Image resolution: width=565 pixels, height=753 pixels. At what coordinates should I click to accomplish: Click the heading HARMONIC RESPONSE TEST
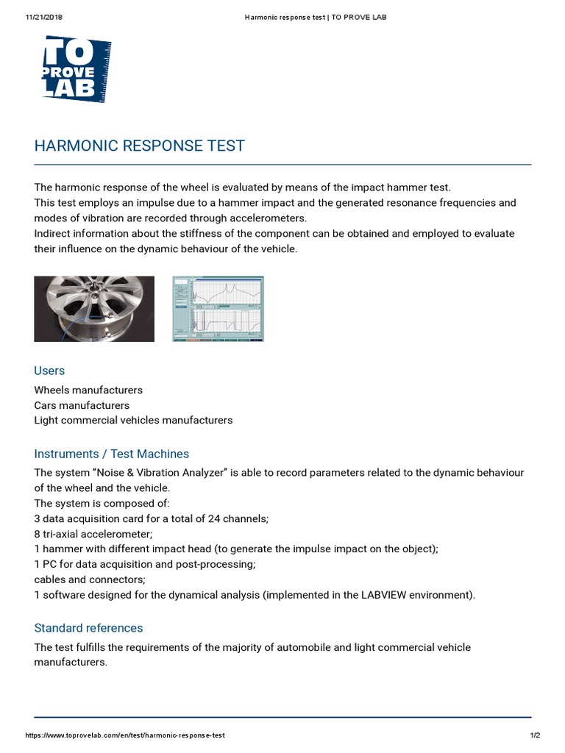(139, 146)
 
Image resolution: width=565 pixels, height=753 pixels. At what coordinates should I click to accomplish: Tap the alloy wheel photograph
(94, 309)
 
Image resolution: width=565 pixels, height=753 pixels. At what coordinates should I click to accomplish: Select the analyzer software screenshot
(218, 309)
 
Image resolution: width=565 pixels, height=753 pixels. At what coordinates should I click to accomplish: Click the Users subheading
(49, 371)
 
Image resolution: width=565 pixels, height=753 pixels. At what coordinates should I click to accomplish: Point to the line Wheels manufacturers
(88, 390)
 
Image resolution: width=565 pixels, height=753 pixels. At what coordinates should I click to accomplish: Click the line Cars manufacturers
(82, 405)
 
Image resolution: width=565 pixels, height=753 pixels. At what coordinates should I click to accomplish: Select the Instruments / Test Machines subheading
(111, 454)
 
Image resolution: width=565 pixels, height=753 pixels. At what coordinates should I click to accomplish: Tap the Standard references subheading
(88, 628)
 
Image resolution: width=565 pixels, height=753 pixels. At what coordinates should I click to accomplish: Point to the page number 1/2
(535, 735)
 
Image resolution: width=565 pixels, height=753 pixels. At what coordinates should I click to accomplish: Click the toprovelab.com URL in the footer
(125, 735)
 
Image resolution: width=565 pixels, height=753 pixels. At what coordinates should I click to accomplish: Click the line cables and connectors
(79, 579)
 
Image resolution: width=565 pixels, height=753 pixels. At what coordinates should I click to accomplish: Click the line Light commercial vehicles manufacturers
(133, 421)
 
